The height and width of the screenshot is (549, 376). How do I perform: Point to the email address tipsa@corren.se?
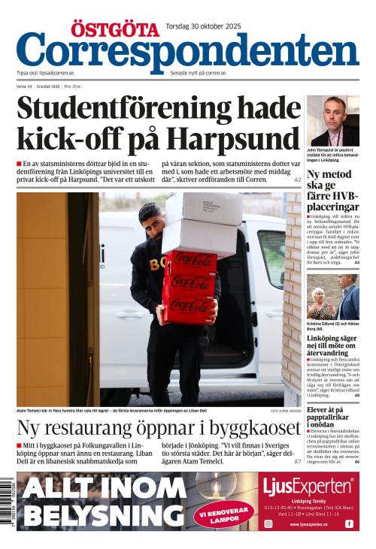56,73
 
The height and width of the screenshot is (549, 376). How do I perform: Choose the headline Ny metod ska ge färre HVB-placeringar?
332,190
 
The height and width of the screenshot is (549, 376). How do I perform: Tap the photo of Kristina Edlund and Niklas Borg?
332,296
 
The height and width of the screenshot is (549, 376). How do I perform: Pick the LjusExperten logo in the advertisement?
308,487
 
